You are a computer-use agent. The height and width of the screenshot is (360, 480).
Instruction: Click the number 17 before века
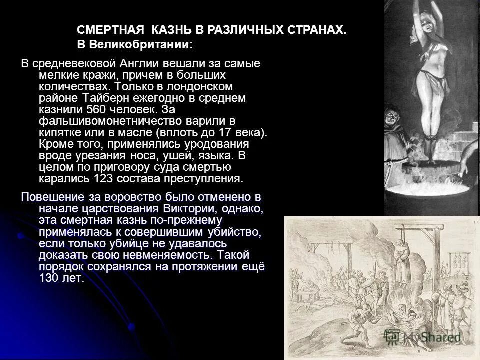coord(229,133)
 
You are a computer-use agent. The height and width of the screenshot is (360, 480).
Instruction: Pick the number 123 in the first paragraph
coord(107,178)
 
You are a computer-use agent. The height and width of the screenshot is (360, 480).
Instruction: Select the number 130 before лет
coord(51,278)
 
